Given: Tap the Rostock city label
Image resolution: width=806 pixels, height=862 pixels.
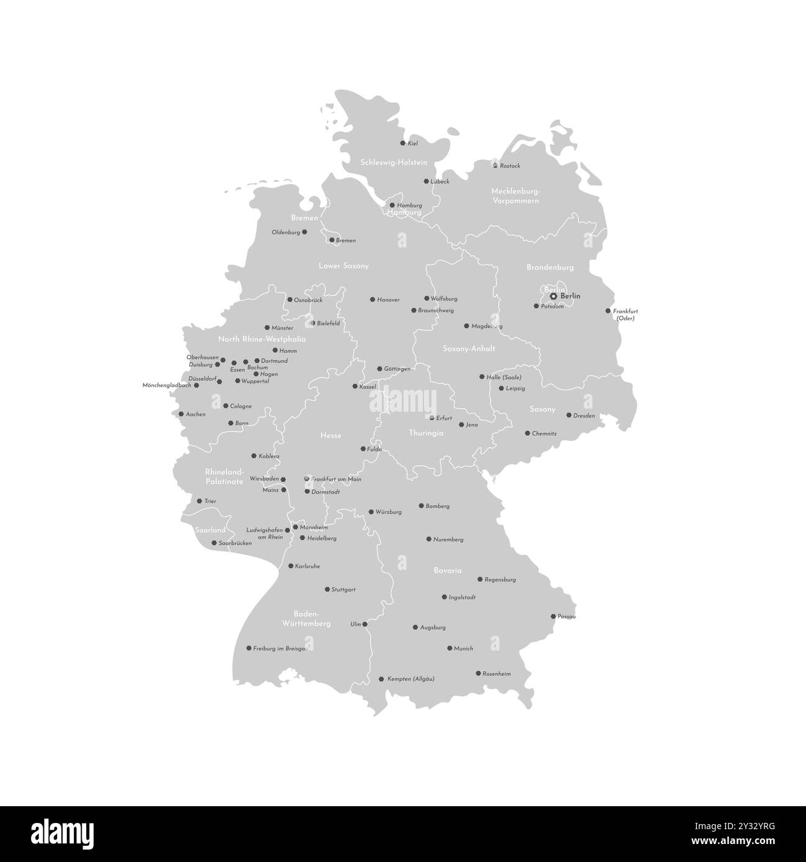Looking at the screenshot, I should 510,166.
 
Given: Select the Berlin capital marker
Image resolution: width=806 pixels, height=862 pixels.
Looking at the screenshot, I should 554,296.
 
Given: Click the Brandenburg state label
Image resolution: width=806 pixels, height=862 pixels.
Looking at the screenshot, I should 550,267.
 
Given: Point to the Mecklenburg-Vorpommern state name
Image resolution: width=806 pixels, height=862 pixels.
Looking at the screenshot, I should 515,196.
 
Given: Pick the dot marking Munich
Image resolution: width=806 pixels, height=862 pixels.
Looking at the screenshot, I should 449,648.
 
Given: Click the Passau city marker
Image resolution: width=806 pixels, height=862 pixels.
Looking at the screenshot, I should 553,616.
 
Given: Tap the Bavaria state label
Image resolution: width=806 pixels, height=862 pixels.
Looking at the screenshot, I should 448,570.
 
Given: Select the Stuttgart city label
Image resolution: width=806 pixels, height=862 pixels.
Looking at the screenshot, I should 343,590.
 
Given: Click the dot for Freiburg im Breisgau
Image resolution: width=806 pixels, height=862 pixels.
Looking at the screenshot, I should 249,648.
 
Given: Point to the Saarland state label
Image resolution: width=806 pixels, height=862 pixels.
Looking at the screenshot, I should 210,530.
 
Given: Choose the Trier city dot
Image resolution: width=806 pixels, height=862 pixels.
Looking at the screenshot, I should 199,501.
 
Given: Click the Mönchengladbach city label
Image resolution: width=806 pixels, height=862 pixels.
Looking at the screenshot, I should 167,385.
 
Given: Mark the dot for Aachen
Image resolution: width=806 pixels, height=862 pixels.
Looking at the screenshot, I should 181,414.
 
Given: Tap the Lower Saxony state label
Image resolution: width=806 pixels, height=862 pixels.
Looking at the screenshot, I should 343,266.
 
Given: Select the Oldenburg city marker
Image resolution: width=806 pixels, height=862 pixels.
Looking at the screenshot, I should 304,232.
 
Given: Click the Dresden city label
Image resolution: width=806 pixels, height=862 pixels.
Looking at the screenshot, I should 584,416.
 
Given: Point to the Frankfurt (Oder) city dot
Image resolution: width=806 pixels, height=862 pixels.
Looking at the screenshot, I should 608,311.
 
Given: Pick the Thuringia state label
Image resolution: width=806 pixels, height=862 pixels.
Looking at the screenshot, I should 426,433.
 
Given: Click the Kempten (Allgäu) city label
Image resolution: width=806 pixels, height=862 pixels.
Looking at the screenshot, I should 410,679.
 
